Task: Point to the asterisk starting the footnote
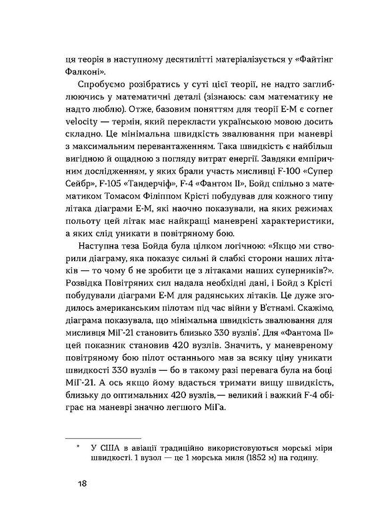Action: [78, 445]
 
